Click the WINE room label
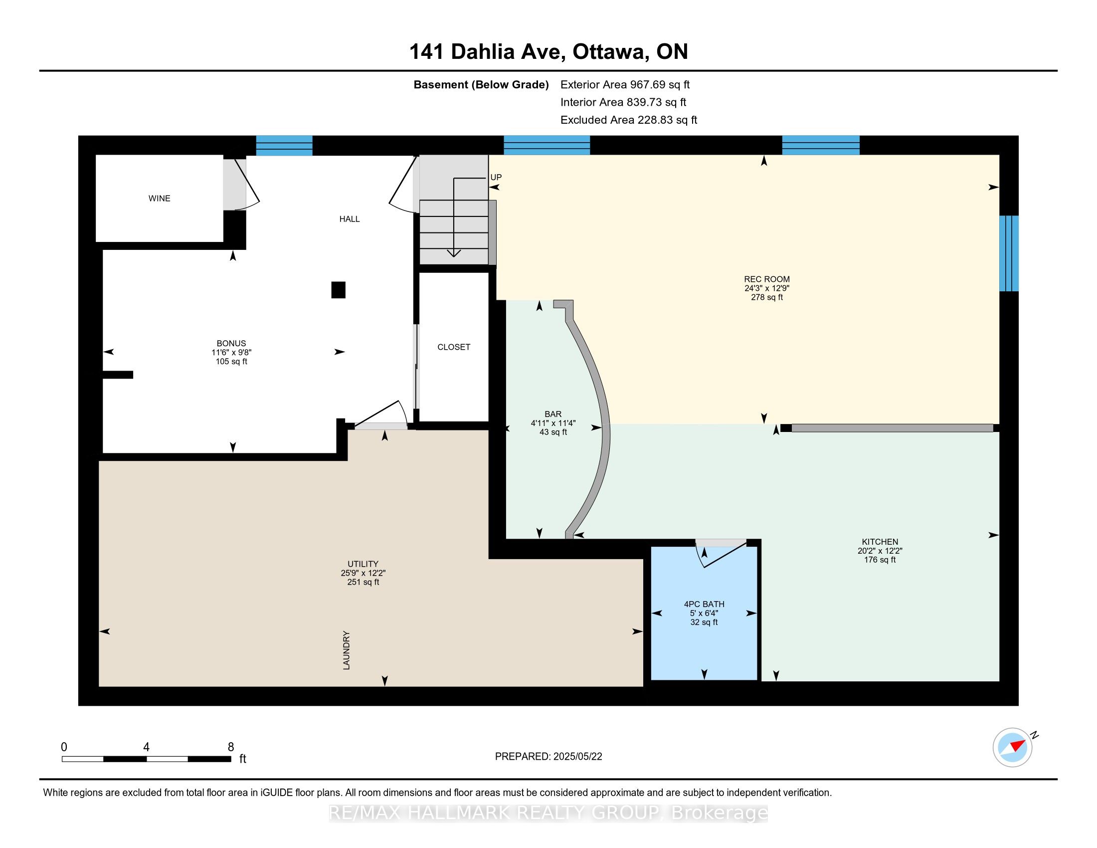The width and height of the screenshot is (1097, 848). tap(159, 199)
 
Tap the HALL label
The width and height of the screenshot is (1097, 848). tap(350, 219)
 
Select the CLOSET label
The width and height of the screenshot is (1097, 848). tap(454, 347)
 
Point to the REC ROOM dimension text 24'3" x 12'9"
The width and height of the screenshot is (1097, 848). tap(767, 288)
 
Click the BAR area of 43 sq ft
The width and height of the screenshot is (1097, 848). tap(553, 432)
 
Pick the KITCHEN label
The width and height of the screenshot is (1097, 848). tap(880, 542)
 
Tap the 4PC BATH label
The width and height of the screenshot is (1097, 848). tap(704, 605)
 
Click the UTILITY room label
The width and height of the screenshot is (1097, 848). tap(363, 564)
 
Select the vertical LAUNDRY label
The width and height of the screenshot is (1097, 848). tap(346, 650)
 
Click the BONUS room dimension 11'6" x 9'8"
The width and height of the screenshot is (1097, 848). tap(231, 353)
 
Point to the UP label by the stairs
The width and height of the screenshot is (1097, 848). tap(496, 178)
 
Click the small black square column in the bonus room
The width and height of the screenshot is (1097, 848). tap(339, 290)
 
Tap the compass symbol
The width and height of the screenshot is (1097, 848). tap(1013, 748)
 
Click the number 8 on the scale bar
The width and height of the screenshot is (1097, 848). tap(231, 747)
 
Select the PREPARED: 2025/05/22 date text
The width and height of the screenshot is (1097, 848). tap(548, 757)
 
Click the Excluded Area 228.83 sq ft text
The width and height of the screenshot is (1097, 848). tap(629, 120)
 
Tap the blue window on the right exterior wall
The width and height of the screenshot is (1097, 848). tap(1009, 253)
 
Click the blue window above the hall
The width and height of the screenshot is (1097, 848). tap(284, 146)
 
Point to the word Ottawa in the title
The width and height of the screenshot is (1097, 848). tap(609, 52)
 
